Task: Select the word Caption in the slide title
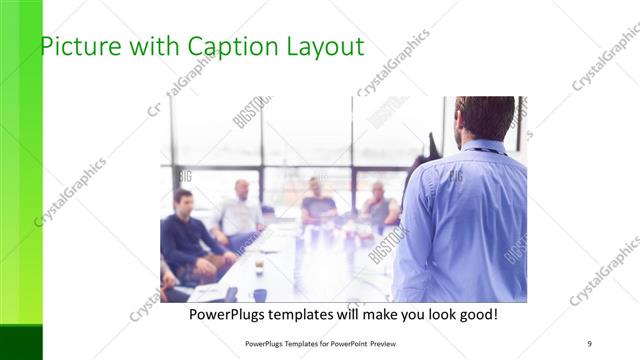pos(222,46)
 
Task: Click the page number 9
pos(589,343)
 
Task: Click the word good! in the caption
pos(475,315)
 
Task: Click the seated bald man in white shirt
pos(240,212)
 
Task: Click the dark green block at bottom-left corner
pos(21,341)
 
